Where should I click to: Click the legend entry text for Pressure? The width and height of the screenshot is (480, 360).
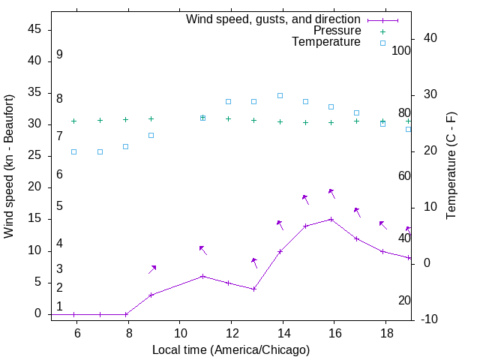[337, 31]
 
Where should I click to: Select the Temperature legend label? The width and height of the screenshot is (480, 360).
[326, 42]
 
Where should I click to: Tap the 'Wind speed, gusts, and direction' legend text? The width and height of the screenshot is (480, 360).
[273, 19]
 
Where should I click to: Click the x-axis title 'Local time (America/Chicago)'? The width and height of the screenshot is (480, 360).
[231, 349]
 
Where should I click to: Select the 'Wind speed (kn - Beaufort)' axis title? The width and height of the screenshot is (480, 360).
[9, 166]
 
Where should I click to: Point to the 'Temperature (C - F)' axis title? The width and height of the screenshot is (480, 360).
[451, 166]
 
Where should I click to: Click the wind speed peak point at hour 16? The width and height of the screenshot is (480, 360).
[331, 219]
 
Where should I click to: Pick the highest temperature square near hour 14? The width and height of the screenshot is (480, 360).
[280, 95]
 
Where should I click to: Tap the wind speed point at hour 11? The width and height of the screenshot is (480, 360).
[202, 276]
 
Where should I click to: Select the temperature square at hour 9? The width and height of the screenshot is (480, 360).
[151, 135]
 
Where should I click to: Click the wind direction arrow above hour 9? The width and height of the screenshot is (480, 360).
[152, 269]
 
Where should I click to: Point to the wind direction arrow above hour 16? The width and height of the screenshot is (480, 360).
[332, 193]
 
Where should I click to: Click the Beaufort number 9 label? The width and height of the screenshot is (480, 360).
[59, 55]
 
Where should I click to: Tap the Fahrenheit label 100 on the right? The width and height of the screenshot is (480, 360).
[401, 51]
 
